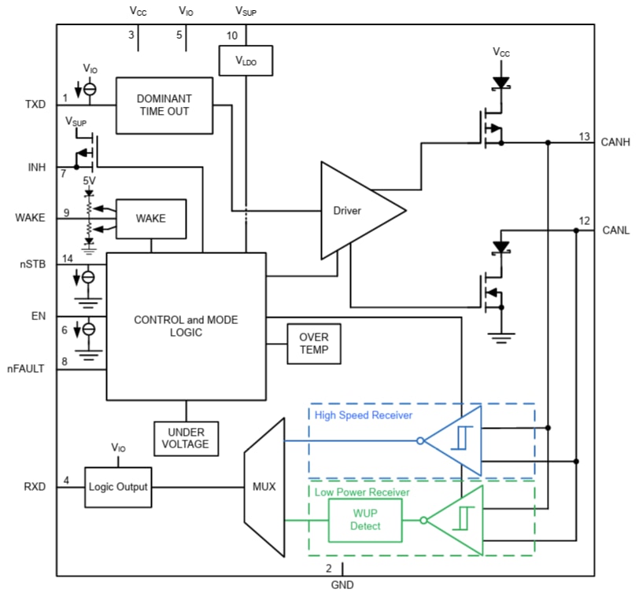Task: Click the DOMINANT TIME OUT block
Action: click(164, 105)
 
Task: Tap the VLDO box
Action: click(246, 60)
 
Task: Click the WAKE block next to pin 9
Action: click(151, 218)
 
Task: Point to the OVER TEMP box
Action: click(314, 344)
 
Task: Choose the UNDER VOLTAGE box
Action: click(187, 438)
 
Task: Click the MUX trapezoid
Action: click(264, 486)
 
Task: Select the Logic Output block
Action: click(117, 486)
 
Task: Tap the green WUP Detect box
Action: click(364, 520)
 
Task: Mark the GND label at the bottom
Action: click(342, 584)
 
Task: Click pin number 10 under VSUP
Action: click(231, 35)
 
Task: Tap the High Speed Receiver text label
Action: click(363, 414)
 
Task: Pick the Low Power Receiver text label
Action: click(361, 492)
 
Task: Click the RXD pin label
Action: click(35, 486)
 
